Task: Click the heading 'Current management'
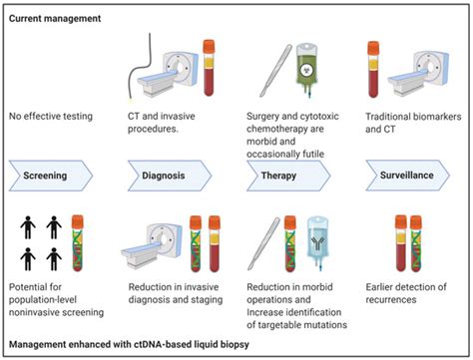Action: click(x=58, y=19)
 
